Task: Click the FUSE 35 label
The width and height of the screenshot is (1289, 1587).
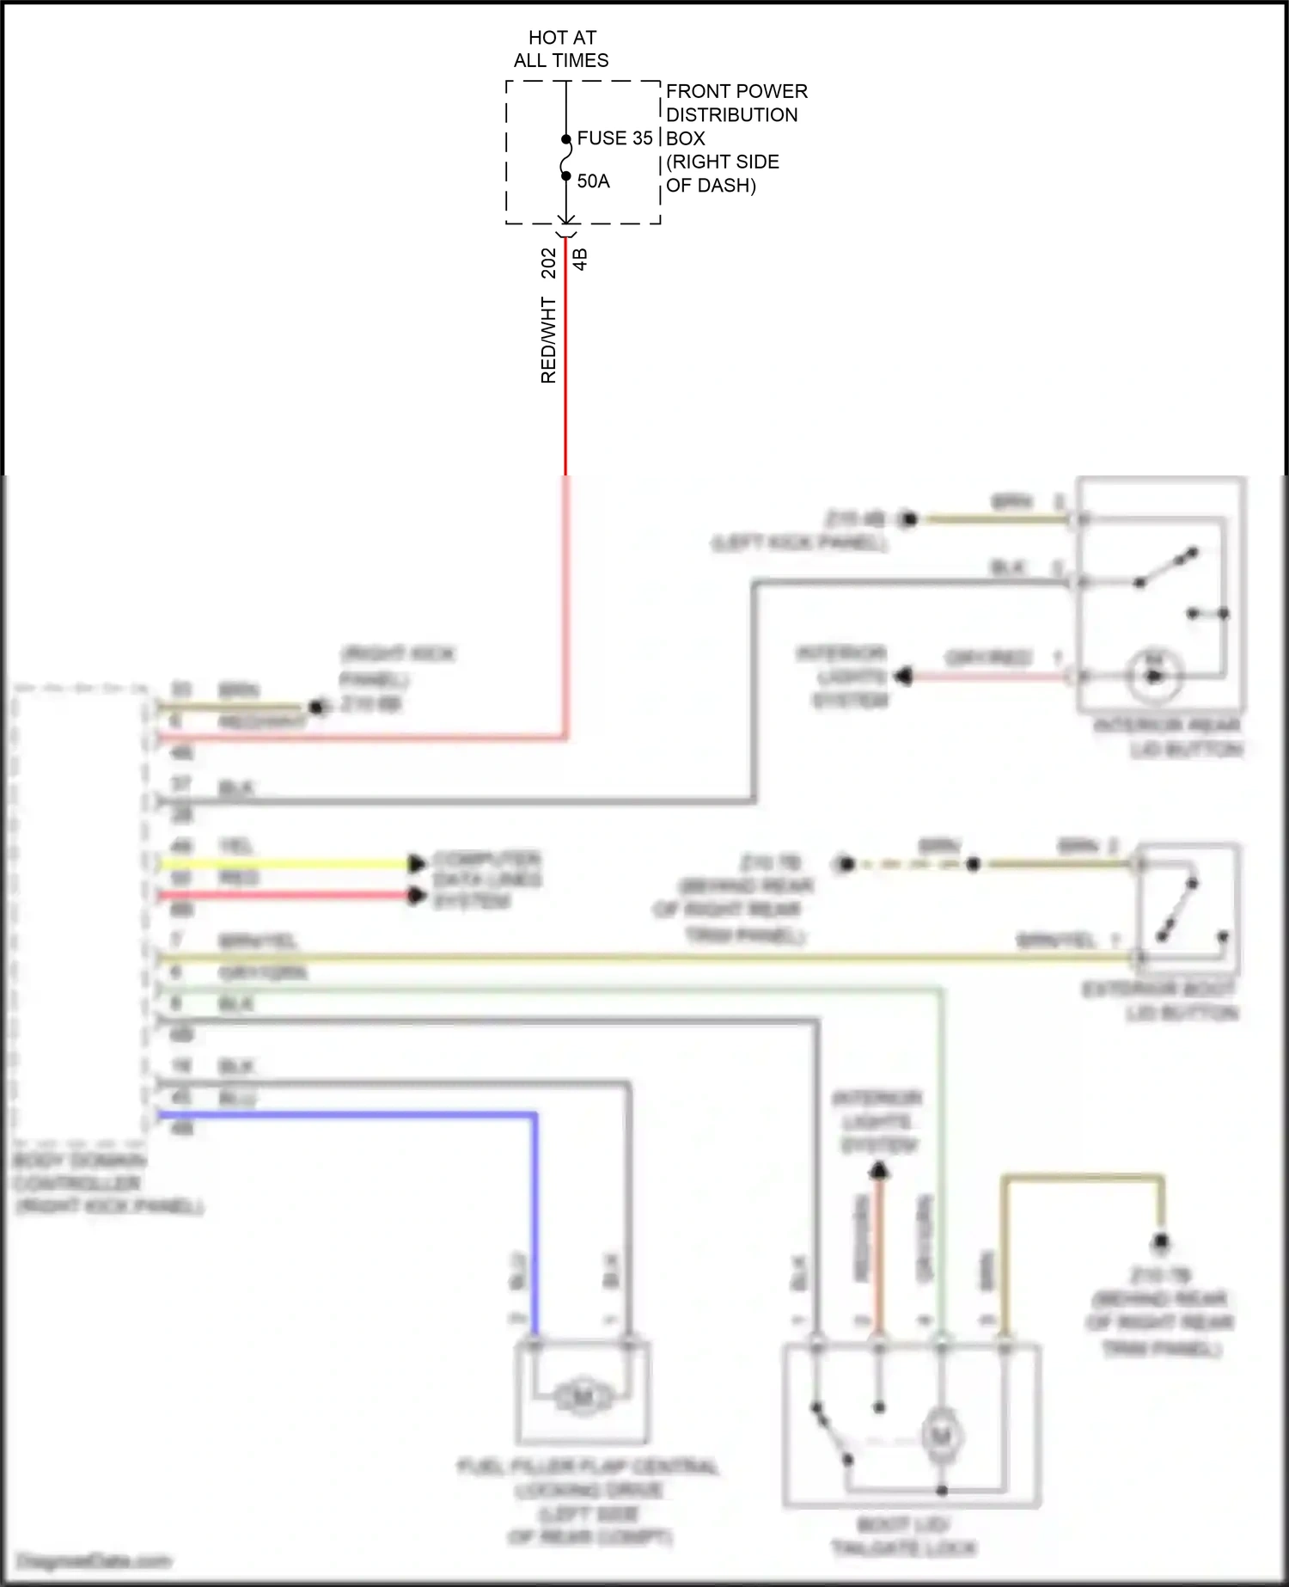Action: point(614,138)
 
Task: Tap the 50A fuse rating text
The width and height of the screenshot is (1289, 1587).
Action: point(593,181)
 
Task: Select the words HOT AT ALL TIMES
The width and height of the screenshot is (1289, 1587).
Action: point(561,49)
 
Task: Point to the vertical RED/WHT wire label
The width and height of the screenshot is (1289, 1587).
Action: point(548,340)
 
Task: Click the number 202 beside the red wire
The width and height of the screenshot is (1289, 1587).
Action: point(548,263)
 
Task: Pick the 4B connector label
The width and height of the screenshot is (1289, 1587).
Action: point(580,260)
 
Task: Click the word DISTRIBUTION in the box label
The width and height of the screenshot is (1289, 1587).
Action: point(731,115)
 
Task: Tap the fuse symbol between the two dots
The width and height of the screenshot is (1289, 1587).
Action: point(566,158)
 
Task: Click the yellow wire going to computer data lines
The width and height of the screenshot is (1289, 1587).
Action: point(284,863)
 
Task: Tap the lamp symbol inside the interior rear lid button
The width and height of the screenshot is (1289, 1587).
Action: point(1154,675)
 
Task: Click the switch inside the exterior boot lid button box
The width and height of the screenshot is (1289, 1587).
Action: point(1178,908)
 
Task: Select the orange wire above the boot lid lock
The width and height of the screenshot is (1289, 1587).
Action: point(878,1255)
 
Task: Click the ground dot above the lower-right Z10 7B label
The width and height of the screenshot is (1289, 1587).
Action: point(1161,1241)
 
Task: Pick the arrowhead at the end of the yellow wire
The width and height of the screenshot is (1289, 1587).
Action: point(418,863)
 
